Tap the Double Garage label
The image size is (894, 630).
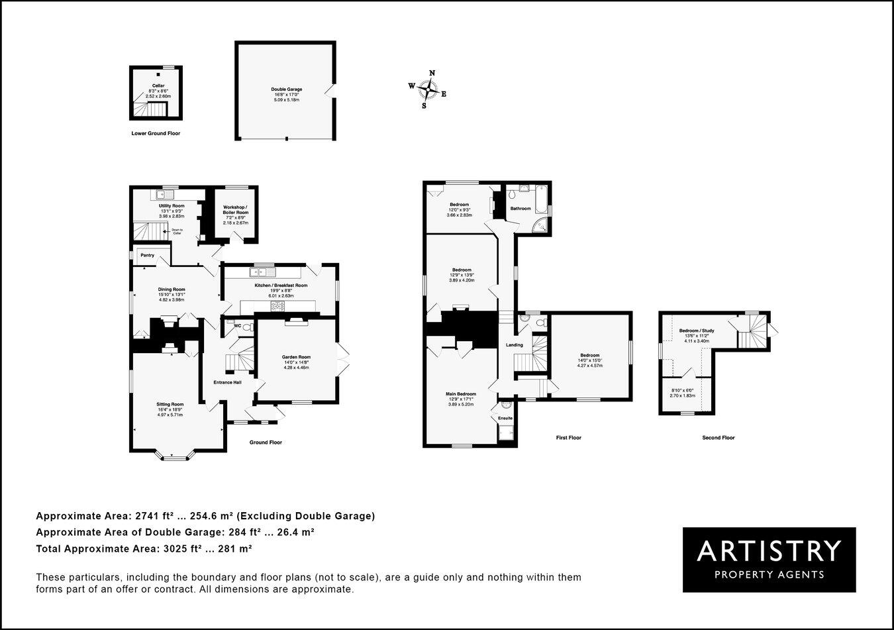tap(286, 89)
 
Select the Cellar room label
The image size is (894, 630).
tap(158, 85)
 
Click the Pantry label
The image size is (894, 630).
tap(147, 255)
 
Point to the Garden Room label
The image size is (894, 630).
tap(296, 357)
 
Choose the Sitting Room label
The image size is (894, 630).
tap(170, 404)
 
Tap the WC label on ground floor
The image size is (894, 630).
tap(237, 325)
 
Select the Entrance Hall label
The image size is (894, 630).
tap(227, 382)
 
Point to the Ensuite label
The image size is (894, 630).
tap(505, 418)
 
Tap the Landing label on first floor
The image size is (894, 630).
tap(515, 344)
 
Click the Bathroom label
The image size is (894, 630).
tap(520, 209)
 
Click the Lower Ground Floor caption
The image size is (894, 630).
tap(156, 133)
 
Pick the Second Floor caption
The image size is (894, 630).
tap(719, 438)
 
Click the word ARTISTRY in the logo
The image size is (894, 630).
tap(769, 551)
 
